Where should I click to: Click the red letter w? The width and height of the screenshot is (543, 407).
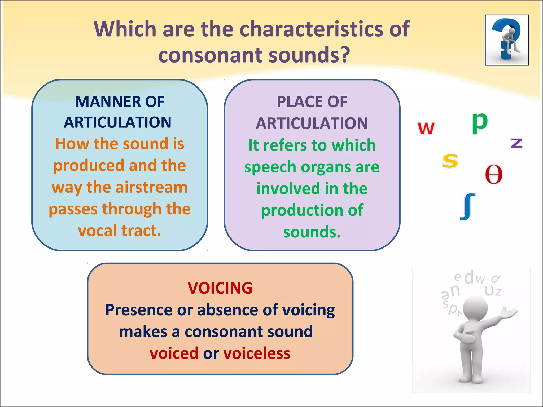426,129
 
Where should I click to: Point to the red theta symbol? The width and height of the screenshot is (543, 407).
494,174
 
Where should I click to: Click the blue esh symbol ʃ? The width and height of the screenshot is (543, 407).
467,207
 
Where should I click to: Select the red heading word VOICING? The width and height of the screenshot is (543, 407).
220,288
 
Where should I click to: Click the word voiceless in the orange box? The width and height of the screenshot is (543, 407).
257,353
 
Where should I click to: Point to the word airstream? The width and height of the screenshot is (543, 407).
152,187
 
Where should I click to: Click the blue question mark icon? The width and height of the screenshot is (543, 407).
507,40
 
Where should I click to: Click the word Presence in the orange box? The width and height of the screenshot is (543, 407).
139,310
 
